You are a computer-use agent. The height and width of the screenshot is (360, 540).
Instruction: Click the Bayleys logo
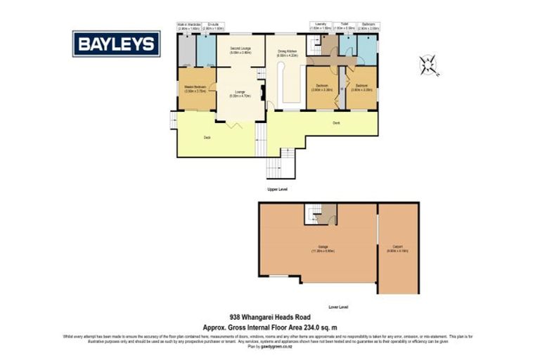coord(117,44)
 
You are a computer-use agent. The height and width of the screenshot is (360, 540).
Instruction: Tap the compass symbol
coord(427,65)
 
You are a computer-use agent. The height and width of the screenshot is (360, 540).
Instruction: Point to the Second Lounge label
coord(240,50)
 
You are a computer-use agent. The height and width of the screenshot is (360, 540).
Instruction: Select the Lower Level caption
coord(338,307)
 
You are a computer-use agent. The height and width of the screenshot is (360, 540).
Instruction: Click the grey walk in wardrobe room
coord(186,50)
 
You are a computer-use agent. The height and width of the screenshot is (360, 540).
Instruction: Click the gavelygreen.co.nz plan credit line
coord(269,347)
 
